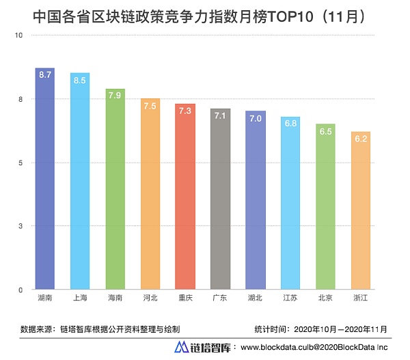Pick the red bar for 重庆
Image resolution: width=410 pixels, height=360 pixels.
coord(185,198)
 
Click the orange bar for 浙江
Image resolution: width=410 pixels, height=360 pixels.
coord(360,212)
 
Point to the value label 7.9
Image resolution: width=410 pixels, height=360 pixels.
coord(115,95)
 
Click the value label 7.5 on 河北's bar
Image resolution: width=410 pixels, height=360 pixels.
coord(150,105)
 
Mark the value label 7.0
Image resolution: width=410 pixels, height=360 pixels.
coord(255,118)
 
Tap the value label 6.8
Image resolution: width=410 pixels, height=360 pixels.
coord(290,124)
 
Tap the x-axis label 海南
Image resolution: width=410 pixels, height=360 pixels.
coord(115,299)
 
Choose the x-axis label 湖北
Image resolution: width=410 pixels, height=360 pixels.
coord(255,299)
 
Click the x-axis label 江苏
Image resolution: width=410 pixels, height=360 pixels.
coord(290,299)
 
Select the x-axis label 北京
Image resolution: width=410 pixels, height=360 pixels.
coord(325,299)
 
